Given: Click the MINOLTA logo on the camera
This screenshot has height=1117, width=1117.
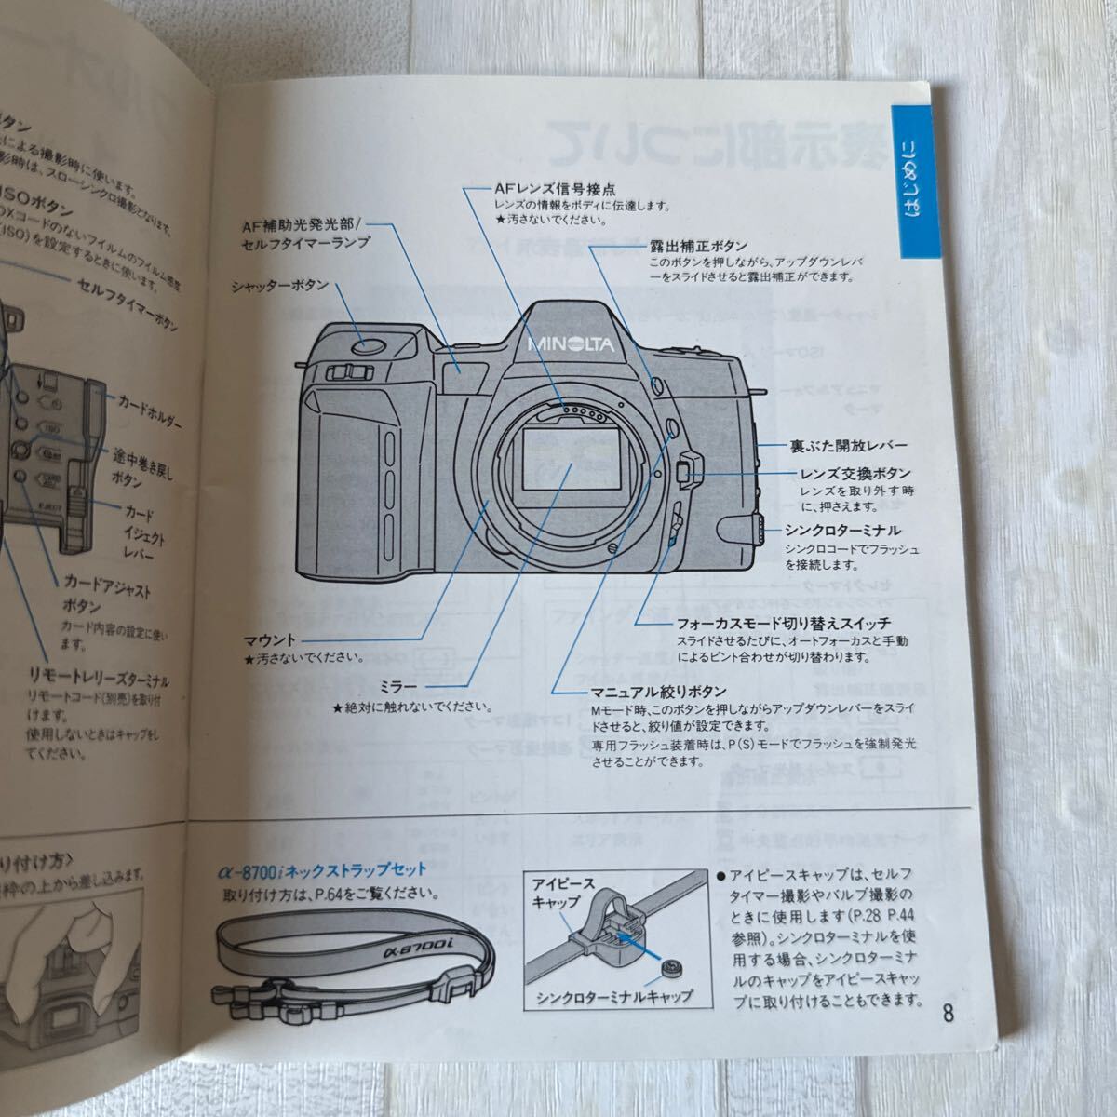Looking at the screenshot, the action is click(x=571, y=344).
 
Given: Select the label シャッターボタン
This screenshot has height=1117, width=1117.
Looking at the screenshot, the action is click(x=280, y=287).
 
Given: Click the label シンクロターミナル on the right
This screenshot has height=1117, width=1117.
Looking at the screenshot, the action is click(x=843, y=531).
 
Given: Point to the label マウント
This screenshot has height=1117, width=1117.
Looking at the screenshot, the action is click(x=270, y=640).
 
